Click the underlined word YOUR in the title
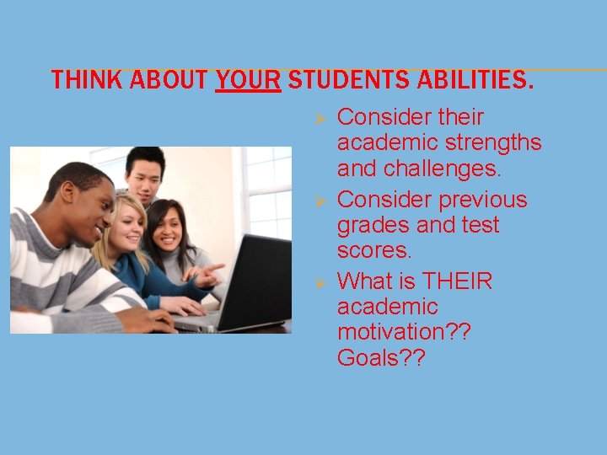coord(248,81)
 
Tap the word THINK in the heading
coord(80,81)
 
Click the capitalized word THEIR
coord(457,280)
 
